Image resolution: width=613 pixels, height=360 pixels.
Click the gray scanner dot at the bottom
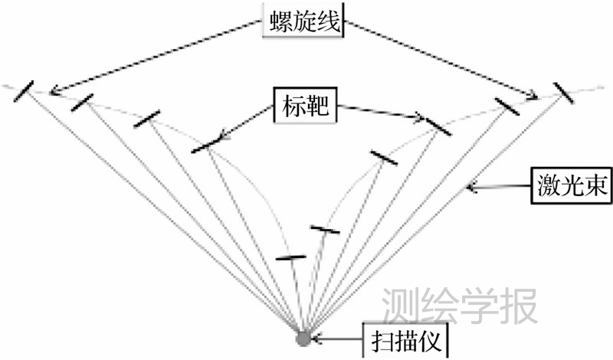(x=303, y=337)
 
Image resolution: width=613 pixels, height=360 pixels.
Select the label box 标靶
(x=303, y=106)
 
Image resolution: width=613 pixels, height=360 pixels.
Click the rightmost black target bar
(x=569, y=91)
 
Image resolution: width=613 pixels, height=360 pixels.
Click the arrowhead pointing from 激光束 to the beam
(x=473, y=185)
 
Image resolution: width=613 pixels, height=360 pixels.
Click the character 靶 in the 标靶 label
(x=318, y=106)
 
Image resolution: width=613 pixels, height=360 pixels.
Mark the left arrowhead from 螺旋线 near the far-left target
(x=52, y=93)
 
